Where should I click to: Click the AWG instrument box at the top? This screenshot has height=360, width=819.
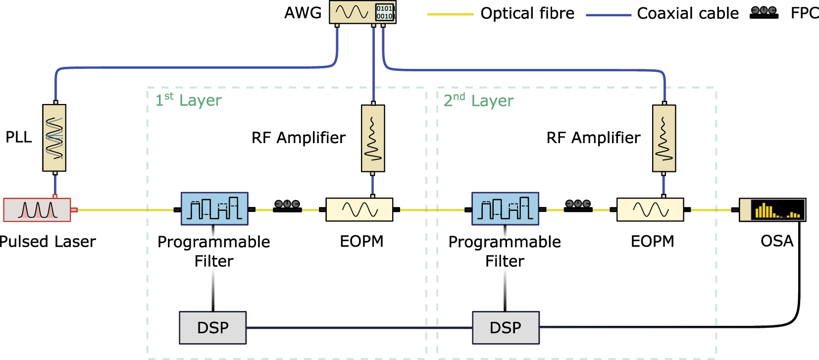point(362,12)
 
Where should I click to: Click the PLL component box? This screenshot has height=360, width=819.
point(54,138)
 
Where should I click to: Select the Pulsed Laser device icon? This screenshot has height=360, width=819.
point(37,210)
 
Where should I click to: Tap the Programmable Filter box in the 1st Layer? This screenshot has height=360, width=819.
point(214,208)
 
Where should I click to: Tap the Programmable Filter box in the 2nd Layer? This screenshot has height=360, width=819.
point(505,208)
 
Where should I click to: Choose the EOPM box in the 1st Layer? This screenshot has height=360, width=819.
point(359,209)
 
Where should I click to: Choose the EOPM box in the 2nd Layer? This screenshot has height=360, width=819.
point(650,209)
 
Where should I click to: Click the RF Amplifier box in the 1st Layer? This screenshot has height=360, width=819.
point(373,138)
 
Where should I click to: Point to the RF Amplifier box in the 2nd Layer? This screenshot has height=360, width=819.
point(664,138)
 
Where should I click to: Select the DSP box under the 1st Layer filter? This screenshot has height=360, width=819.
point(213,327)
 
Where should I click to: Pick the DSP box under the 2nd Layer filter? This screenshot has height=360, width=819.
point(506,327)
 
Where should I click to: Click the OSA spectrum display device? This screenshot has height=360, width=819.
point(772,209)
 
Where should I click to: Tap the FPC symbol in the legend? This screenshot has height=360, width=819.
point(764,13)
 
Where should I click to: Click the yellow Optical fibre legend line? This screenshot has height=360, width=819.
point(450,14)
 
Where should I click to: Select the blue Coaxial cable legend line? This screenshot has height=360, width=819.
point(608,15)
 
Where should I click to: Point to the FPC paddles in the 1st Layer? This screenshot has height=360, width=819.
point(287,206)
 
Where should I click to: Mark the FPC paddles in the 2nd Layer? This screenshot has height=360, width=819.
point(578,206)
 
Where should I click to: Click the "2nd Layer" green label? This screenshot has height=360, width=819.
point(478,100)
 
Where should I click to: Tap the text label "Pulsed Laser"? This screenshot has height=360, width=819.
point(48,242)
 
